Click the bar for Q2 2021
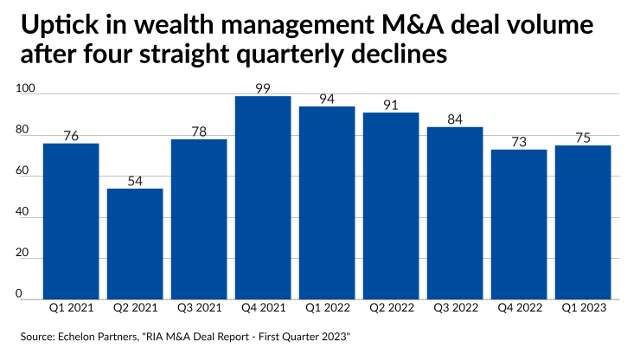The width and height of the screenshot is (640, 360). [135, 243]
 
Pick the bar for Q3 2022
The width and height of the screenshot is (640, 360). [455, 212]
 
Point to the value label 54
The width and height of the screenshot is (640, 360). [135, 179]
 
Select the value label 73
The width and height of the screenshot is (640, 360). [519, 140]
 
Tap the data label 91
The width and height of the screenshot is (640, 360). [391, 104]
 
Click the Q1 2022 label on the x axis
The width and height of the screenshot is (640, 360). [327, 307]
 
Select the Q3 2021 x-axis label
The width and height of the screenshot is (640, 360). [199, 307]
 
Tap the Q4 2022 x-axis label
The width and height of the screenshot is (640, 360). [519, 307]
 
